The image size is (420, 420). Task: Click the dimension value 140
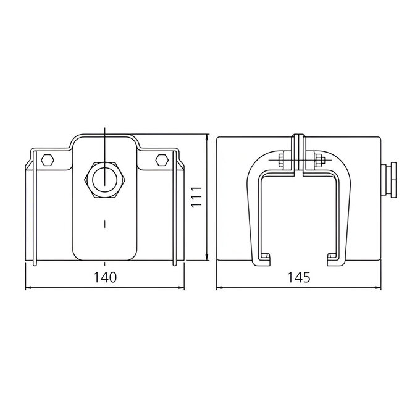click(105, 277)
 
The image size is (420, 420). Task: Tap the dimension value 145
click(299, 277)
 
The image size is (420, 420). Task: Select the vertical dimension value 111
click(196, 196)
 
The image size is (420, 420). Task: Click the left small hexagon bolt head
click(48, 160)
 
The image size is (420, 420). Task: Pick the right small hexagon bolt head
click(162, 160)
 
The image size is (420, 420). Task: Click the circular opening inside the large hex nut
click(105, 180)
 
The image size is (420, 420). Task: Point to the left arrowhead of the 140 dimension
click(28, 288)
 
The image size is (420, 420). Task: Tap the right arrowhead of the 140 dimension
click(181, 288)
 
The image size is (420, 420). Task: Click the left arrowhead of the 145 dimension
click(220, 288)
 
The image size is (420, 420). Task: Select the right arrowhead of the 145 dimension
click(377, 288)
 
